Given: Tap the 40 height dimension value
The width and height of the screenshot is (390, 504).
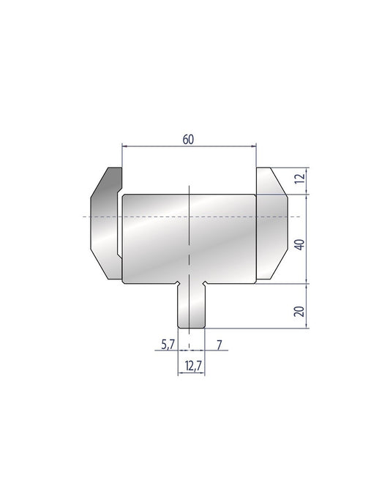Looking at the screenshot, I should point(299,244).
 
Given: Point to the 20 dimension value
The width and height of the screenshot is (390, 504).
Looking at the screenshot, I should point(299,312).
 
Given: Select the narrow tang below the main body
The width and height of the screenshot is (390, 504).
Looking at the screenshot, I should point(192,306).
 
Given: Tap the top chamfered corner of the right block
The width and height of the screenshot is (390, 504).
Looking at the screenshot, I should point(279,179).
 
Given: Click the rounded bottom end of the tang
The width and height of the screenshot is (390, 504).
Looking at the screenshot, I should point(192,326).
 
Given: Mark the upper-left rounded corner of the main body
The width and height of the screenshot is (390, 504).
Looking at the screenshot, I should point(125,197).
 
